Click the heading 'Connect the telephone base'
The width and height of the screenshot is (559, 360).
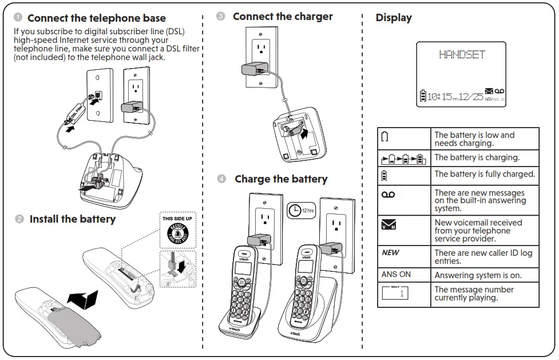96,18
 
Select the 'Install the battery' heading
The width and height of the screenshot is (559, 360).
72,219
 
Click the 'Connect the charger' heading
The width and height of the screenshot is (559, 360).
283,17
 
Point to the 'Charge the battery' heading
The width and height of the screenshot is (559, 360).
281,179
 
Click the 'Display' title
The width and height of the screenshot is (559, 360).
394,18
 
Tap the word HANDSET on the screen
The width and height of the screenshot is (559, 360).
462,55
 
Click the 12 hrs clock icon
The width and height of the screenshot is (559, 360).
300,210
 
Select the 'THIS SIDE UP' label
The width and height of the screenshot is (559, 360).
177,219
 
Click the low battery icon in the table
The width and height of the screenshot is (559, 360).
384,136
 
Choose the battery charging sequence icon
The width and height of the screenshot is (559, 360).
403,159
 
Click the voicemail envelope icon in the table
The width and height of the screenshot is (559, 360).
389,225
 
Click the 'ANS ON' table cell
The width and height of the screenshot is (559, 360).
396,275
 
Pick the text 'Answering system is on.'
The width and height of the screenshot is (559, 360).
478,275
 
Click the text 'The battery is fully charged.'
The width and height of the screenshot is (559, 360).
485,174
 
